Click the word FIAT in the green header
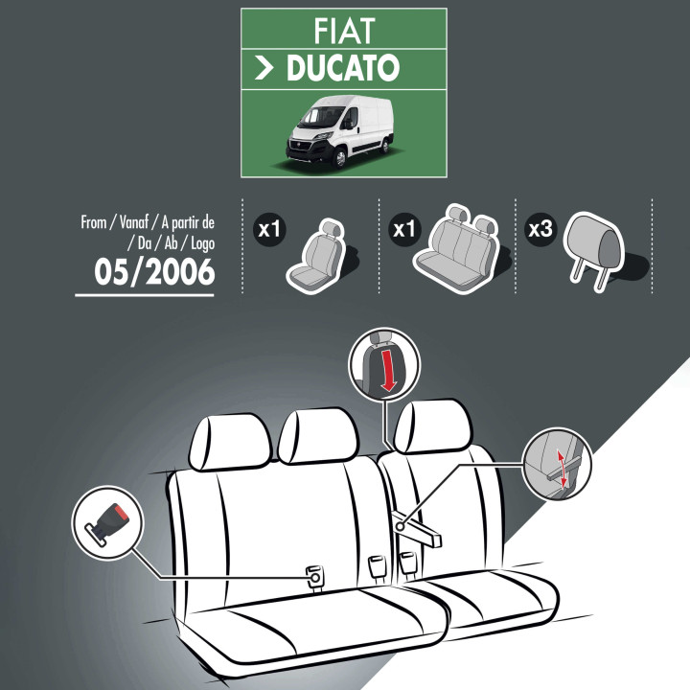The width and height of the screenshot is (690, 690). click(x=344, y=31)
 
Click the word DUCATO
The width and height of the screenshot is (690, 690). click(x=343, y=68)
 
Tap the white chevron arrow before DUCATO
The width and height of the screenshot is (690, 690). click(x=264, y=68)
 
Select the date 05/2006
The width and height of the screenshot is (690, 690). click(x=154, y=271)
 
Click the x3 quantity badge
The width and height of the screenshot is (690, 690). click(x=540, y=229)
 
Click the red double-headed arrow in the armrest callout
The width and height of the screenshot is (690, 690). click(x=562, y=469)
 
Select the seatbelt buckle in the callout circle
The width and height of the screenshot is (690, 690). click(x=106, y=522)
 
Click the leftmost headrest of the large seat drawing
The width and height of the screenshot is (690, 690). click(x=229, y=442)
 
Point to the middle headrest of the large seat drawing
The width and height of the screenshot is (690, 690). click(x=318, y=435)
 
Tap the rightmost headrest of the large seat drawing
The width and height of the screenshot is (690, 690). click(x=433, y=425)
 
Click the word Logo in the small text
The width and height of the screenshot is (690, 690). click(x=203, y=243)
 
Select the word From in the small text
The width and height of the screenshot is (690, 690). click(x=93, y=222)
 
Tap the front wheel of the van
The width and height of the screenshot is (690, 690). click(x=339, y=158)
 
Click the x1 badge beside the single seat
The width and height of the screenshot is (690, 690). click(x=269, y=229)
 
